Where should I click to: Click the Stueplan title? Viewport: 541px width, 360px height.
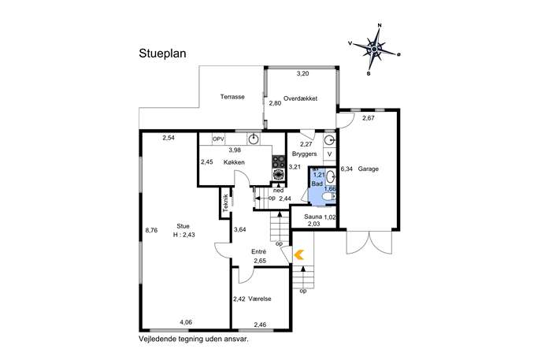tap(162, 54)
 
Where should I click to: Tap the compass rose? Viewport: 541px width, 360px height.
tap(374, 50)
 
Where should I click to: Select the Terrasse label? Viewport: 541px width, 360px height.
tap(232, 97)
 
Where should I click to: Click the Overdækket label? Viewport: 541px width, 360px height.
tap(300, 98)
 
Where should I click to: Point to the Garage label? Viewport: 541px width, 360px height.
tap(368, 169)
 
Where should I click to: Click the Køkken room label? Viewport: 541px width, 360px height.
tap(234, 162)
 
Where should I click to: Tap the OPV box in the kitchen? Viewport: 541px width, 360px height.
tap(218, 139)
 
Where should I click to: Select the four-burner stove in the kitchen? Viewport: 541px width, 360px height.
tap(279, 161)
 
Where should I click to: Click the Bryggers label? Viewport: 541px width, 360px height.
tap(304, 154)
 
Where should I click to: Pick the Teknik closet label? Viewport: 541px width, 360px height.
tap(226, 203)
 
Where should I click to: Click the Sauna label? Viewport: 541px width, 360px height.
tap(313, 217)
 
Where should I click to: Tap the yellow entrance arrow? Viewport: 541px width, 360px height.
tap(298, 254)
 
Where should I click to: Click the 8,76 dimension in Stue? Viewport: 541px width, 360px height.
tap(151, 230)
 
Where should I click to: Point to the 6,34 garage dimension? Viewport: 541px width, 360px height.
tap(346, 169)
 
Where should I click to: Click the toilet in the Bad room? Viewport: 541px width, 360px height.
tap(329, 197)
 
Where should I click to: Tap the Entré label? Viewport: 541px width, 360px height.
tap(259, 252)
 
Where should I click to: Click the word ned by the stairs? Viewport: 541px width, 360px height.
tap(279, 191)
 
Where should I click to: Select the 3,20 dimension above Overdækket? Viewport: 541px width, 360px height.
tap(303, 73)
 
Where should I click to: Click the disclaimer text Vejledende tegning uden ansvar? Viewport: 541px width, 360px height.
tap(194, 339)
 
